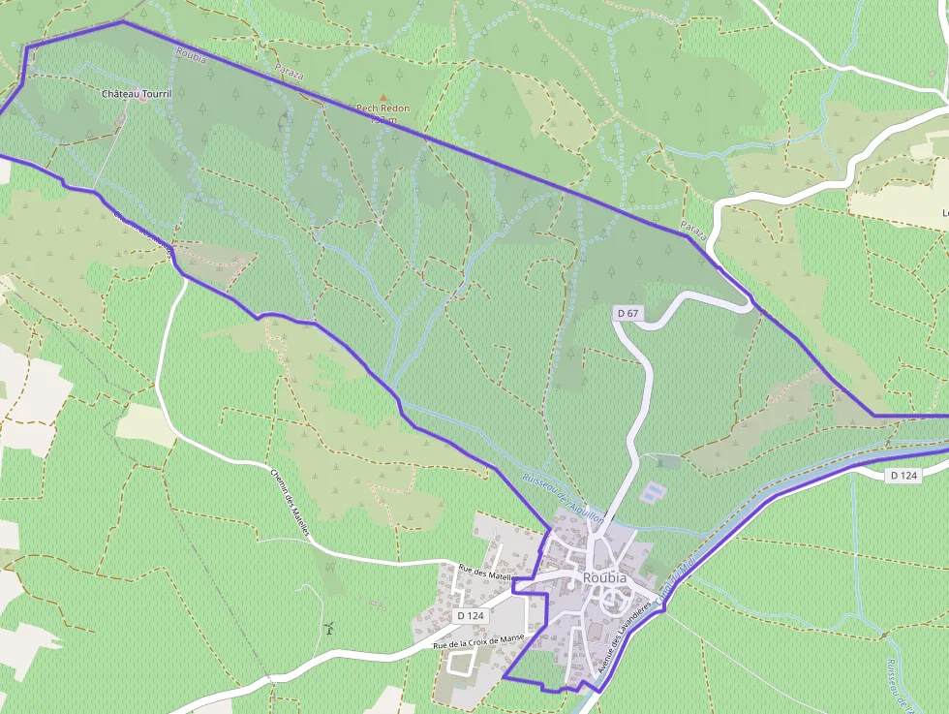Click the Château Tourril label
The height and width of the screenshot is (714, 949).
[x=137, y=94]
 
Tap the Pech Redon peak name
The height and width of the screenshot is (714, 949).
[x=383, y=109]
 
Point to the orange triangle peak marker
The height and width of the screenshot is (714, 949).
[x=383, y=97]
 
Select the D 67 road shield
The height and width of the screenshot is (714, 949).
[x=628, y=313]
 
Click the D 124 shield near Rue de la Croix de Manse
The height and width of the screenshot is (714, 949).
[x=470, y=616]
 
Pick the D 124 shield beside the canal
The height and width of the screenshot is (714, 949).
[x=903, y=475]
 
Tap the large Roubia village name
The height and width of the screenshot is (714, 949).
[x=604, y=578]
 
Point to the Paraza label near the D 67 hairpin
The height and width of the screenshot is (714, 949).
[x=694, y=230]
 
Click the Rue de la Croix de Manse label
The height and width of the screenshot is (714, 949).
[x=478, y=640]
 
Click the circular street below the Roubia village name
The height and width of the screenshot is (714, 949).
[x=612, y=603]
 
